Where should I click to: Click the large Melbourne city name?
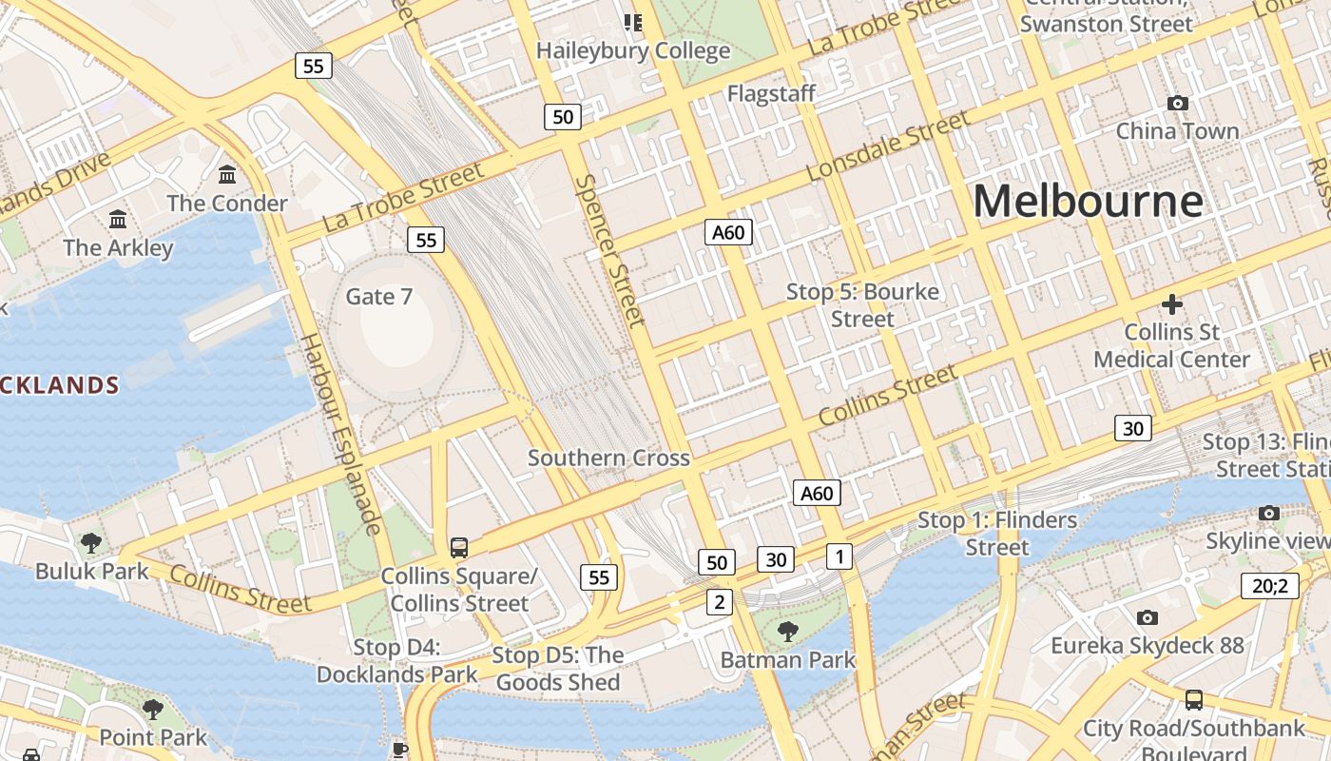1088,202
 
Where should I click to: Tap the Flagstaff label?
771,93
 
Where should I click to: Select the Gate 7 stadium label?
378,297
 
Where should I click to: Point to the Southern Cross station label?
608,458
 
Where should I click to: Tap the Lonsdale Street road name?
888,146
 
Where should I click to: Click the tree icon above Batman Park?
787,631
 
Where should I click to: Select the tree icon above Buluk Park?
91,543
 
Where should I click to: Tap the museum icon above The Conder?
227,175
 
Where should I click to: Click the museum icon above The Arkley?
118,220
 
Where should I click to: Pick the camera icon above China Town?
1177,103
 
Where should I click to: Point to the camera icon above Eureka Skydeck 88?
1147,617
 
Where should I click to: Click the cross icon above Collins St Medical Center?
1171,304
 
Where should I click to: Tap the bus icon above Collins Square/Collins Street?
459,547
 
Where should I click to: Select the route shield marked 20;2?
1269,585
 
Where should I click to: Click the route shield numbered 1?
839,556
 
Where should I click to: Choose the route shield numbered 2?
719,601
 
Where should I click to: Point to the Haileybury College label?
633,50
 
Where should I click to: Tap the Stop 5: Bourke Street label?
862,304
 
